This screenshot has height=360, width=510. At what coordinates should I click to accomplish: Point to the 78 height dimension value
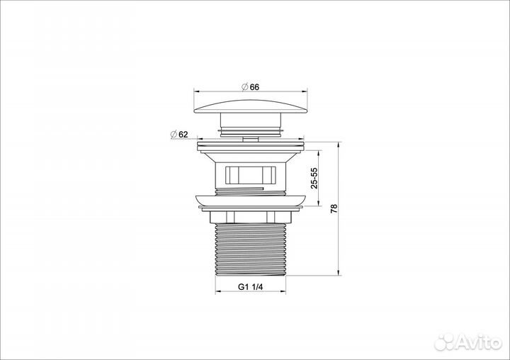pyautogui.click(x=333, y=209)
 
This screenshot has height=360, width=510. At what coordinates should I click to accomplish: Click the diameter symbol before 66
pyautogui.click(x=244, y=86)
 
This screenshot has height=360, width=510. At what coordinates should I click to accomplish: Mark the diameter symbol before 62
pyautogui.click(x=172, y=134)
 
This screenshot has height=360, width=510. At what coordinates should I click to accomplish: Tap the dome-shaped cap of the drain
pyautogui.click(x=252, y=106)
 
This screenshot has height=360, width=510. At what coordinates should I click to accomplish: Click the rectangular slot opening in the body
pyautogui.click(x=250, y=174)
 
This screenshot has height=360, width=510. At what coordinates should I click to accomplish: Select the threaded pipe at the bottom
pyautogui.click(x=251, y=248)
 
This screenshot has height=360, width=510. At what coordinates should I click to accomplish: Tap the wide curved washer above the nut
pyautogui.click(x=251, y=201)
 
